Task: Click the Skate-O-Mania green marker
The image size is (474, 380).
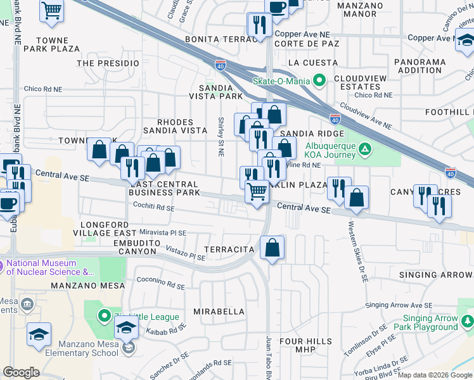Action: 319,80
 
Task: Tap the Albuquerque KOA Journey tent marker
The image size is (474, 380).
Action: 365,149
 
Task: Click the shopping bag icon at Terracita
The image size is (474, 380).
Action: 272,248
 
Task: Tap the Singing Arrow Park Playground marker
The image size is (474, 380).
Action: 467,322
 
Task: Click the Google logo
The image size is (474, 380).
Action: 21,372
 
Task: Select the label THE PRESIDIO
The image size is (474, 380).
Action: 108,63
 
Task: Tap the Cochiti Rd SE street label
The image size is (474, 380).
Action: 153,206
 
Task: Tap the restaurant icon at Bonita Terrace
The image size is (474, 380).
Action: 260,25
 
